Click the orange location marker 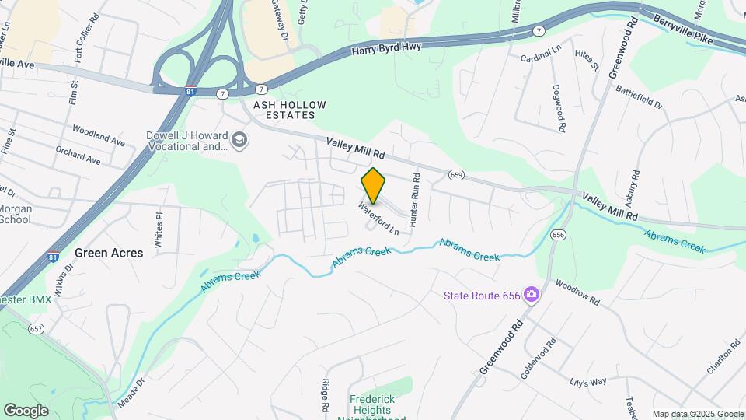374,186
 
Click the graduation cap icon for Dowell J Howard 240,140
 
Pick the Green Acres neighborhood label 109,253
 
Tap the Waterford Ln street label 378,219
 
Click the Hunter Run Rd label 416,199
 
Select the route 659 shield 457,174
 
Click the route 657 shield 35,329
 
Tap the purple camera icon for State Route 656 532,294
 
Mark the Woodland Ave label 99,136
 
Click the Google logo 26,410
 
